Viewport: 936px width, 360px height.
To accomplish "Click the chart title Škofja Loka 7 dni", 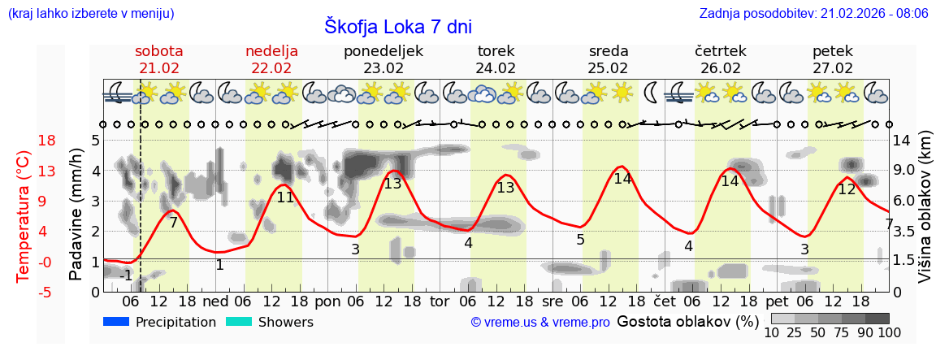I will click(397, 26).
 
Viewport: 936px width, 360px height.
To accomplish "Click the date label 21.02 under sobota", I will click(158, 67).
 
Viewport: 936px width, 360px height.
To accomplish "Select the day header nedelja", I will click(271, 51).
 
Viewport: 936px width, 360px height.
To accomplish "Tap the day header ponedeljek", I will click(383, 51).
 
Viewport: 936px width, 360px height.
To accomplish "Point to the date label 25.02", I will click(608, 67).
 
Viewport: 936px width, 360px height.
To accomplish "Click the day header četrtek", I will click(720, 51).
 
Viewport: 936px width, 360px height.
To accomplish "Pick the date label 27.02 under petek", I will click(833, 67).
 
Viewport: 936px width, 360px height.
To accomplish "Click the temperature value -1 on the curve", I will click(126, 275).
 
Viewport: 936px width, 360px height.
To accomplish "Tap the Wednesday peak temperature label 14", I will click(622, 179).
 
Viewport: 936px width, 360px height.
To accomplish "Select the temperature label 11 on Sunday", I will click(285, 197).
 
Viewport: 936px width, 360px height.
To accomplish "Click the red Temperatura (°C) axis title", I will click(24, 215).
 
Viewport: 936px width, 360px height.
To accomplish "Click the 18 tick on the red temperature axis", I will click(24, 141).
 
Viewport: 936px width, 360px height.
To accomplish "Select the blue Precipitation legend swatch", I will click(117, 322).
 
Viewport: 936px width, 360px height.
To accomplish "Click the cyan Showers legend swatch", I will click(239, 322).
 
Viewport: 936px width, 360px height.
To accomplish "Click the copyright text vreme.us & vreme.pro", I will click(539, 323).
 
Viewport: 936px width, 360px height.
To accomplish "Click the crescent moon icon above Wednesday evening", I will click(651, 93).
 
